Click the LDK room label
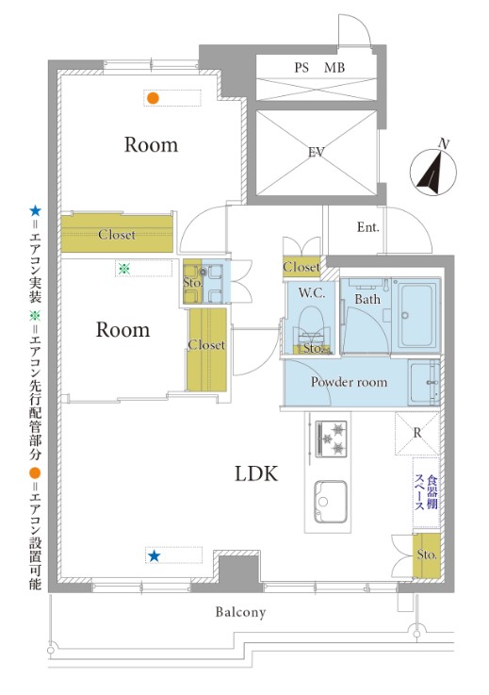[x=256, y=473]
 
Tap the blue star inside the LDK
[x=154, y=555]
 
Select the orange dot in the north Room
[x=153, y=98]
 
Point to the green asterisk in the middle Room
[x=124, y=268]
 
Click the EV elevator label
[x=317, y=153]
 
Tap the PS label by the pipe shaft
[x=302, y=68]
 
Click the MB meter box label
[x=334, y=68]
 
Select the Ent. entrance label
[x=368, y=227]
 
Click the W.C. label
[x=312, y=293]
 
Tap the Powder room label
[x=349, y=382]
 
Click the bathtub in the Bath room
[x=416, y=316]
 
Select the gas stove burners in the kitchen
[x=332, y=439]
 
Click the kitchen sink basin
[x=331, y=502]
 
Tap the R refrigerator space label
[x=417, y=433]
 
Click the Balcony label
[x=240, y=613]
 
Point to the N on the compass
[x=444, y=143]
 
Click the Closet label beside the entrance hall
[x=302, y=267]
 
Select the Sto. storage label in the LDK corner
[x=427, y=554]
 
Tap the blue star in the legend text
[x=35, y=211]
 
